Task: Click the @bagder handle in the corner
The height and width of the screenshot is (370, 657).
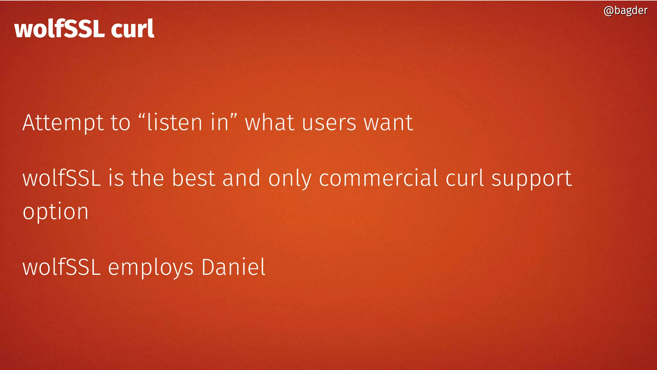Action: point(625,11)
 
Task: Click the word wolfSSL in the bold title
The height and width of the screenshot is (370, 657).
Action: point(59,29)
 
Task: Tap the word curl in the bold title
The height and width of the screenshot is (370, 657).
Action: point(132,29)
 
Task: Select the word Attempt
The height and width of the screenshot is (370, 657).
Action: point(63,123)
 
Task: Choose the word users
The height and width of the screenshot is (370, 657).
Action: point(329,123)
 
